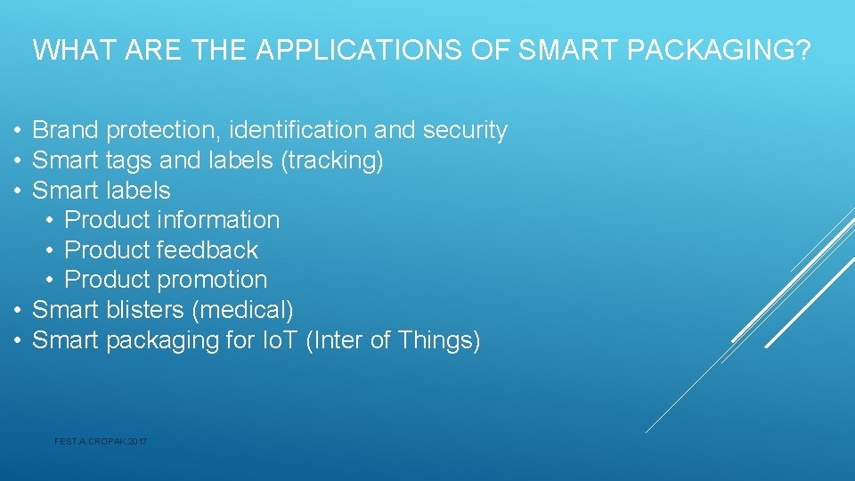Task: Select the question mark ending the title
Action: click(803, 51)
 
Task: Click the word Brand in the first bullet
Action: click(66, 131)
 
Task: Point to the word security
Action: click(465, 131)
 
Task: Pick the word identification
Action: click(298, 131)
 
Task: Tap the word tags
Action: click(129, 161)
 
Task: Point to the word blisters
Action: click(145, 310)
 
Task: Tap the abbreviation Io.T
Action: click(280, 340)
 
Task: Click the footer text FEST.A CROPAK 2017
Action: click(101, 441)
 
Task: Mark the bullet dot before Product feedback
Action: click(51, 250)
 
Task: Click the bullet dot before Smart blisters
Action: click(17, 310)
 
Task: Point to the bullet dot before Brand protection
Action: click(17, 131)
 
